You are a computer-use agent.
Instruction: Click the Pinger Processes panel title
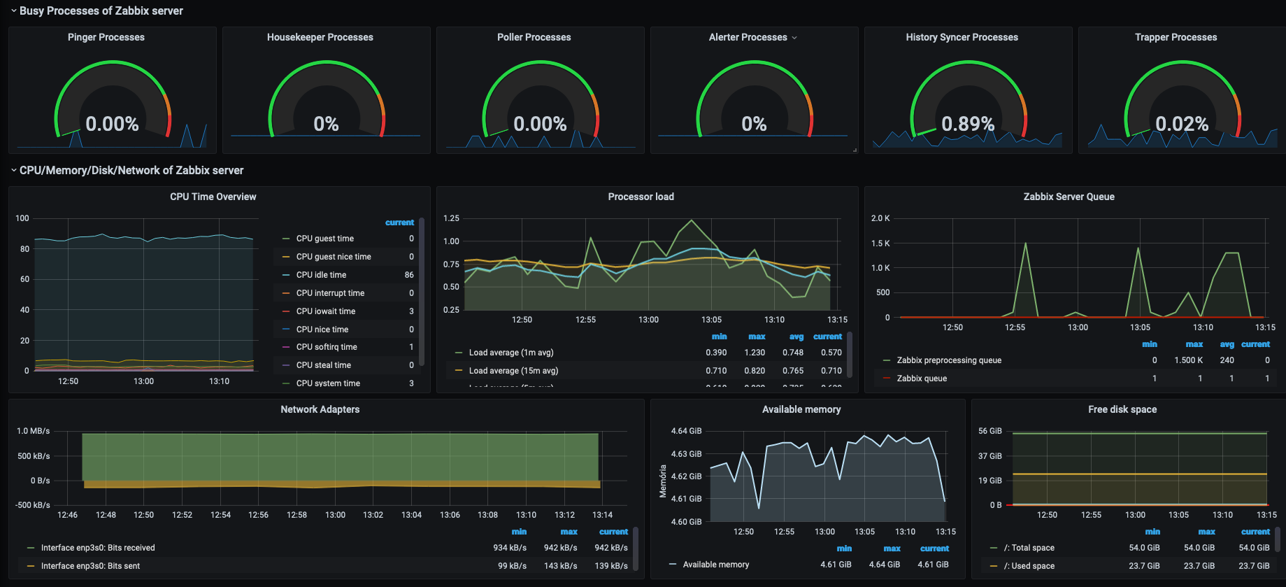[106, 37]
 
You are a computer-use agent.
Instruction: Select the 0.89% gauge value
[968, 124]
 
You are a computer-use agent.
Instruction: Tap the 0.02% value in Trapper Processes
[1182, 124]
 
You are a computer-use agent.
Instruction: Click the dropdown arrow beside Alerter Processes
[794, 38]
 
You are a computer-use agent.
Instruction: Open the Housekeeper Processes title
[320, 37]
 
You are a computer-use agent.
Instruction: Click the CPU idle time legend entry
[321, 275]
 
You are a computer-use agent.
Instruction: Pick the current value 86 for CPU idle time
[409, 275]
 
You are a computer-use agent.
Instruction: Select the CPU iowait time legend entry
[325, 311]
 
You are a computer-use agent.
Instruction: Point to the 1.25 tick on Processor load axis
[451, 218]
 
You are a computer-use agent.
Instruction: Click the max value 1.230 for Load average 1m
[755, 353]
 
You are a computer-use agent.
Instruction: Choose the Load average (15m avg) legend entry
[513, 371]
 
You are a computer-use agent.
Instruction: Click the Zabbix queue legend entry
[922, 379]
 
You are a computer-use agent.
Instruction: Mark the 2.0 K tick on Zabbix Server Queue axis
[880, 218]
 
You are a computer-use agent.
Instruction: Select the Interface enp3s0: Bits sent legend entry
[90, 566]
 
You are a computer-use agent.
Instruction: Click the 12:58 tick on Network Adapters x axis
[297, 515]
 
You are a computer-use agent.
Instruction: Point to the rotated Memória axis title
[663, 481]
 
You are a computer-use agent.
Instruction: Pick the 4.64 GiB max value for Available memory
[884, 565]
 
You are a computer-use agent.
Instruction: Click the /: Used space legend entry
[1029, 566]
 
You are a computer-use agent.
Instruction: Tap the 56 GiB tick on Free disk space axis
[989, 431]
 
